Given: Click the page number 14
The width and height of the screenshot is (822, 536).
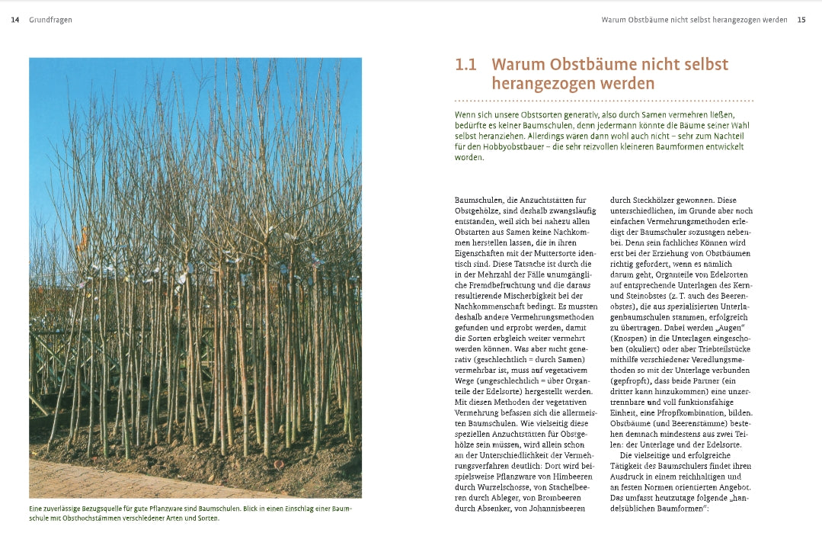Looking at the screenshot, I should pyautogui.click(x=15, y=20).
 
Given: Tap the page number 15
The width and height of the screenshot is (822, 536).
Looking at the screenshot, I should pyautogui.click(x=801, y=20).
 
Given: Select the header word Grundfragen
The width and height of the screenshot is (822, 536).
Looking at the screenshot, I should pyautogui.click(x=50, y=20).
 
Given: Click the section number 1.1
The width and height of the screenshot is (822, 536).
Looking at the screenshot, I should pyautogui.click(x=465, y=65).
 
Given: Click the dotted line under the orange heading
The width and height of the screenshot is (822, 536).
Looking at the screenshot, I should pyautogui.click(x=625, y=100).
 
